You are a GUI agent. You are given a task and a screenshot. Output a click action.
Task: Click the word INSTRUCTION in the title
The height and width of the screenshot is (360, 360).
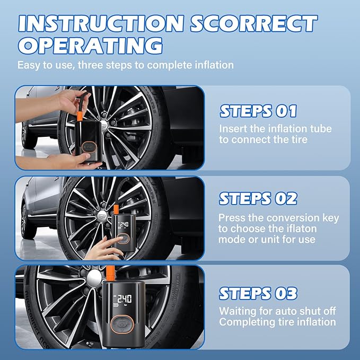tap(101, 24)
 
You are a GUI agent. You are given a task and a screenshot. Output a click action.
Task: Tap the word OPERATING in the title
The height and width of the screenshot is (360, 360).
tap(91, 46)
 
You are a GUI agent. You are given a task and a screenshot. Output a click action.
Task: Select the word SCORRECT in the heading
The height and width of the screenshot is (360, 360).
tap(254, 24)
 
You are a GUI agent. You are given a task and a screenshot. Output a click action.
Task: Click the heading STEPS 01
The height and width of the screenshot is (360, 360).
tap(258, 111)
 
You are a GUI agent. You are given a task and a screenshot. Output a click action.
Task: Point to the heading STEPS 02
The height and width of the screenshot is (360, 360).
tap(258, 199)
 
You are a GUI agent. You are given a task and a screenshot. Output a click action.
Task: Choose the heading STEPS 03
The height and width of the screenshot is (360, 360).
tap(258, 293)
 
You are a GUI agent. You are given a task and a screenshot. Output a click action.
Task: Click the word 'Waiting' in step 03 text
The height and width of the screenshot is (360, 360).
tap(238, 312)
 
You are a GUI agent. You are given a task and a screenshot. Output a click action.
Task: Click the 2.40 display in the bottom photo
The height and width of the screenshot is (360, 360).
tap(125, 299)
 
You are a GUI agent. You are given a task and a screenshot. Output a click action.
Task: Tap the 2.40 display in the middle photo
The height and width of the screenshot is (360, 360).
tap(124, 224)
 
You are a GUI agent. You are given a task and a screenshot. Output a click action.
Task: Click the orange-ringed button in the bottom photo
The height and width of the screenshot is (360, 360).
tap(122, 324)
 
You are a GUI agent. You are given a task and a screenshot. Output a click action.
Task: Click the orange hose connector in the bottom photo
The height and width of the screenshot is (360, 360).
tap(110, 273)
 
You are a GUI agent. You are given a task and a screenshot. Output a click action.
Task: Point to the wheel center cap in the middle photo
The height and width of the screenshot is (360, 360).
tap(102, 216)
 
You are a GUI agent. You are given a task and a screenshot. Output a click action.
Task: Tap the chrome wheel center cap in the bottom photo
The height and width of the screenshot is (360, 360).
tap(94, 278)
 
